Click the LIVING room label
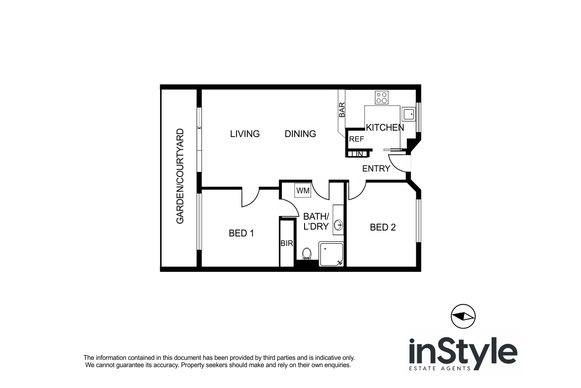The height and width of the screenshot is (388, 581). point(245,134)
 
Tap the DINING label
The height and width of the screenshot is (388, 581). point(300,134)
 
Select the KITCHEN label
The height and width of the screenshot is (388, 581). point(384,128)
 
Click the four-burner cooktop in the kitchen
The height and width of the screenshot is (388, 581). point(382,98)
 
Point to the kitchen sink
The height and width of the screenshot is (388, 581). point(409,114)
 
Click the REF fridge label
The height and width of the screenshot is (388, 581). point(356,140)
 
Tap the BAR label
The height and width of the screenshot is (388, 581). point(342,110)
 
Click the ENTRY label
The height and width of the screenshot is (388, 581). point(376,169)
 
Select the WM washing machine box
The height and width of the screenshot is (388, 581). point(303,191)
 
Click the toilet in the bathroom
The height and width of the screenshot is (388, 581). point(307,254)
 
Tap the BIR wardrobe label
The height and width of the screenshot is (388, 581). point(286,244)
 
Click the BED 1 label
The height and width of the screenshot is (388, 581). point(241,233)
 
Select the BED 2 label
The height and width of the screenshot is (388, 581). point(383,227)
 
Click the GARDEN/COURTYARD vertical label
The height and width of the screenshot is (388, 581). point(180,177)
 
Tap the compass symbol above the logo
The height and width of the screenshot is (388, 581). point(463,316)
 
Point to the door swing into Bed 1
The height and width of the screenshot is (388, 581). point(250,199)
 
